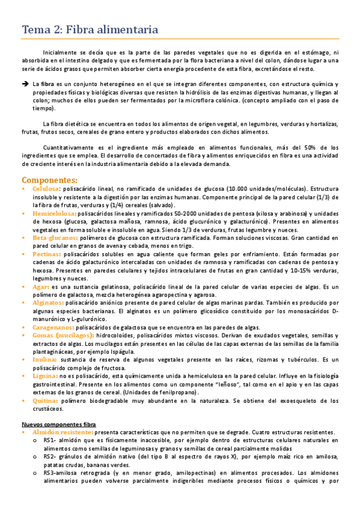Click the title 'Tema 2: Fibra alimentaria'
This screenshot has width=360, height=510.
point(90,29)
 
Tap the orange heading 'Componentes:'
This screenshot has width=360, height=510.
point(49,179)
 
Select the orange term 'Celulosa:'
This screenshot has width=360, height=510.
point(46,189)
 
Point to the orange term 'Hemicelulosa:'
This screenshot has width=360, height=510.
point(54,213)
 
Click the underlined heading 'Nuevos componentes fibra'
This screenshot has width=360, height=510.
point(58,424)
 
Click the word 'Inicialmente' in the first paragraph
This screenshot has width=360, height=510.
point(60,52)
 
